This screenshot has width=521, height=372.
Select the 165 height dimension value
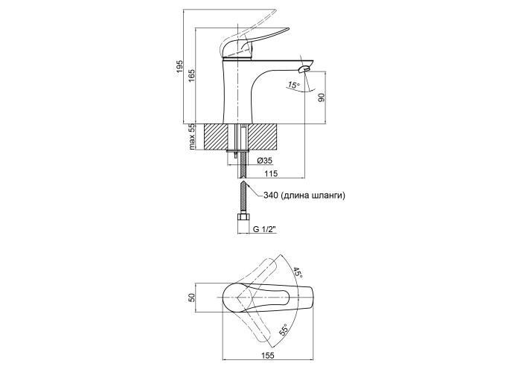191,76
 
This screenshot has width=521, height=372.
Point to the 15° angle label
293,86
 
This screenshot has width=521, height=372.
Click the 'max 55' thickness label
191,137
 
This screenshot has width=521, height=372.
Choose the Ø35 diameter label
265,161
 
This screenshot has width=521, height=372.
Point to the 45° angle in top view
296,273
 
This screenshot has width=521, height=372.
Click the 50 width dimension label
191,298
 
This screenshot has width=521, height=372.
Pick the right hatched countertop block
263,137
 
